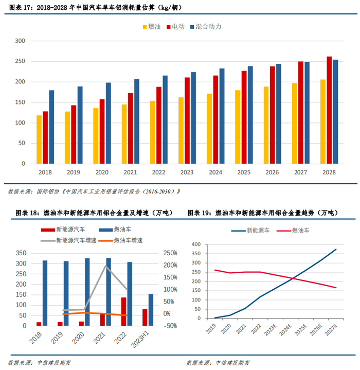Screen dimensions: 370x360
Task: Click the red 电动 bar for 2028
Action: (329, 110)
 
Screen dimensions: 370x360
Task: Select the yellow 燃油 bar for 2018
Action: (39, 139)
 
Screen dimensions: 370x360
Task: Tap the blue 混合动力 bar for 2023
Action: (193, 118)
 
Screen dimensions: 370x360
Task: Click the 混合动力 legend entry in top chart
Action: (208, 26)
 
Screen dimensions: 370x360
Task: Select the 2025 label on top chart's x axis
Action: (244, 173)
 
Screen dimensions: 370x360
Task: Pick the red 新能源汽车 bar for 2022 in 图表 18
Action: (123, 311)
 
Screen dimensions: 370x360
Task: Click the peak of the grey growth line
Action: (106, 265)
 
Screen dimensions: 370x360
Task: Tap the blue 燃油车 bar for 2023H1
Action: (151, 310)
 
